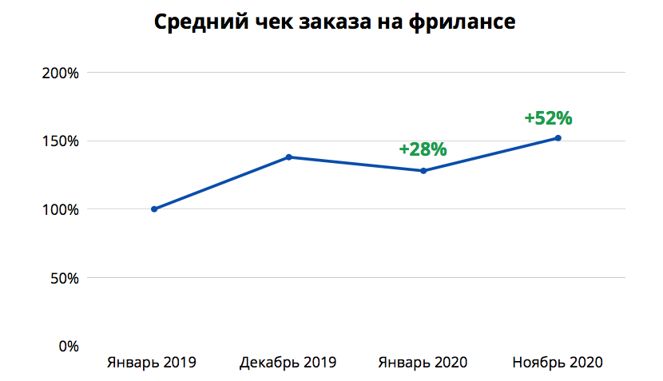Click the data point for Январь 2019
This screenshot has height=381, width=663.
[154, 209]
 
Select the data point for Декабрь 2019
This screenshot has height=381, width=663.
[289, 157]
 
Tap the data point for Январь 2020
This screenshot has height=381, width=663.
[423, 171]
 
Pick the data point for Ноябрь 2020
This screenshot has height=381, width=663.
[558, 138]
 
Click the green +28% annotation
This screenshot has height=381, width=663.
[423, 149]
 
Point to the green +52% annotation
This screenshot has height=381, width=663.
[549, 118]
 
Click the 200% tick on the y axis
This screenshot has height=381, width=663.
[60, 73]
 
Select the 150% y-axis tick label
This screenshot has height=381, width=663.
[60, 141]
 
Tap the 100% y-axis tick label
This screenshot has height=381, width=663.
[60, 209]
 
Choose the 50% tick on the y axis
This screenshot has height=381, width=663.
[63, 278]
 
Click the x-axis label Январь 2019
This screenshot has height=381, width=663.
[152, 363]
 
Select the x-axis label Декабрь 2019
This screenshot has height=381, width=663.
[288, 363]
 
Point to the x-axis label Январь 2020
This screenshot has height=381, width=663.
[423, 363]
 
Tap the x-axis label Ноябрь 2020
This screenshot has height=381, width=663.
[557, 363]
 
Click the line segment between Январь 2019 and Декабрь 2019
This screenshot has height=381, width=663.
[222, 183]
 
